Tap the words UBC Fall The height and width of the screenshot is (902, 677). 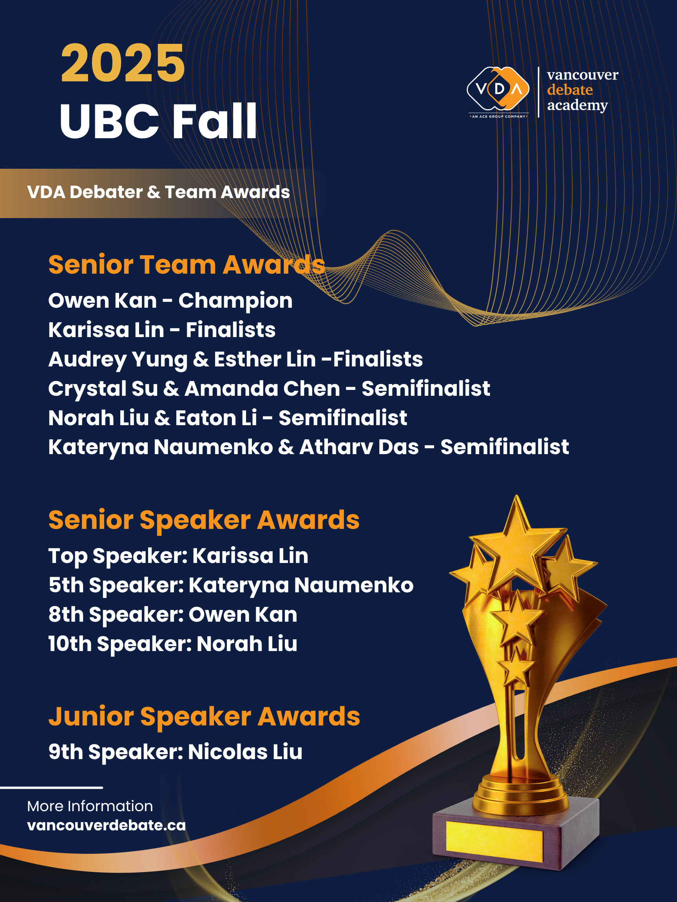tap(158, 121)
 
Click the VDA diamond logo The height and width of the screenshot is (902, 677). tap(498, 89)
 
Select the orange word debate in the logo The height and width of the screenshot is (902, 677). tap(570, 90)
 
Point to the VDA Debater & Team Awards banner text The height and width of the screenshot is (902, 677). tap(158, 192)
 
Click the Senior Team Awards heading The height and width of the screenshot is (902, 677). tap(186, 265)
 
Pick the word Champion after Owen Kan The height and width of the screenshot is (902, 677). tap(235, 301)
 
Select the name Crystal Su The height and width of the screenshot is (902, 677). tap(103, 389)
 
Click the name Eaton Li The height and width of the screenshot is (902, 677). tap(216, 418)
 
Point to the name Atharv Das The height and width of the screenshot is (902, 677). tap(359, 447)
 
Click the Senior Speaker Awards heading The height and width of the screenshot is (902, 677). tap(204, 520)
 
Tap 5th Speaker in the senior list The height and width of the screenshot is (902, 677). tap(116, 585)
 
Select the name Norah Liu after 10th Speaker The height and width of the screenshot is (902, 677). tap(247, 644)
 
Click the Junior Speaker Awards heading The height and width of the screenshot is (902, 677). tap(204, 716)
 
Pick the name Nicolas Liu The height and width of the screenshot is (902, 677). tap(245, 752)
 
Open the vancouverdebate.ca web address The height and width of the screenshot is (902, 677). tap(107, 825)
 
